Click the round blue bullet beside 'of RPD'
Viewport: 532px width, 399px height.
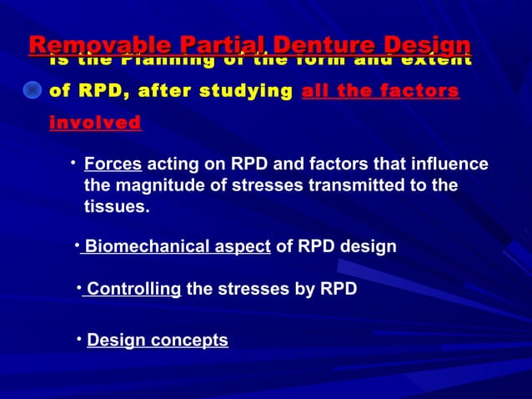coord(32,91)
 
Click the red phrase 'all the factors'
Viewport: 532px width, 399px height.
coord(380,91)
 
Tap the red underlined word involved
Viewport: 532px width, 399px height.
coord(95,124)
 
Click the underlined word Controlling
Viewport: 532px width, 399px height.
coord(133,290)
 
